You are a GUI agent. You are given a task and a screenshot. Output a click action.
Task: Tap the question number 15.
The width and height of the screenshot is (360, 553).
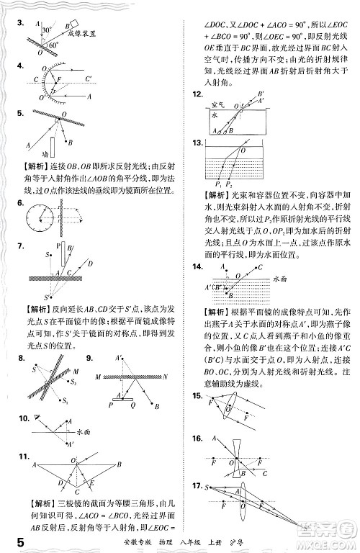(195, 396)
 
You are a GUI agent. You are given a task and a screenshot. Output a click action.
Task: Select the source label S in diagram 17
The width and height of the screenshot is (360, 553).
(207, 488)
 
